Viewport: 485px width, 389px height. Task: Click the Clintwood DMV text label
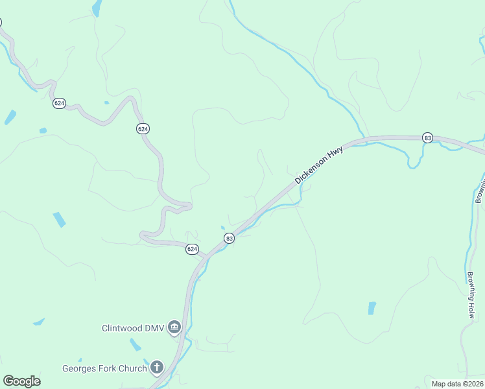click(134, 328)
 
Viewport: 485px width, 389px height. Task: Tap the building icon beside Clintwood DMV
click(174, 328)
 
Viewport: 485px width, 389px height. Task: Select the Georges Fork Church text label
click(104, 369)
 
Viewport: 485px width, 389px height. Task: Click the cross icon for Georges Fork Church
click(156, 368)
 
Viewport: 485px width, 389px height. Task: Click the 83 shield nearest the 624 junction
click(229, 239)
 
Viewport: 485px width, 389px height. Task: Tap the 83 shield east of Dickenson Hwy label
click(427, 137)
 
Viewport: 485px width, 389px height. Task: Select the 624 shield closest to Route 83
click(192, 249)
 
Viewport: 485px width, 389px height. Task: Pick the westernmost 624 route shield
click(59, 103)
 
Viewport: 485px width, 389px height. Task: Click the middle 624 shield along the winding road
click(143, 129)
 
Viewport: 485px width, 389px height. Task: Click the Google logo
click(21, 381)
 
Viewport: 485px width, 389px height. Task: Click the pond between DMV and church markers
click(136, 344)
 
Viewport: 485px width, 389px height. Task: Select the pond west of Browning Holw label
click(372, 308)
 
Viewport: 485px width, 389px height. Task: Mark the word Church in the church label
click(134, 369)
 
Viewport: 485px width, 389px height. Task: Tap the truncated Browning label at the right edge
click(480, 188)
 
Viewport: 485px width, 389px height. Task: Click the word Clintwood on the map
click(122, 328)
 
